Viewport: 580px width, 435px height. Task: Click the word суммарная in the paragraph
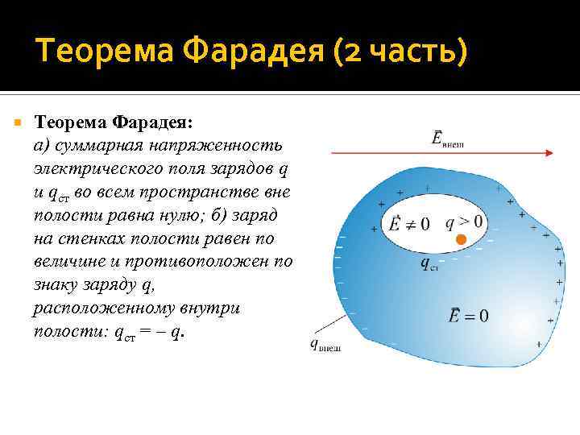click(x=101, y=146)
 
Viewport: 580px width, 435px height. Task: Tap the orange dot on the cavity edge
click(x=461, y=240)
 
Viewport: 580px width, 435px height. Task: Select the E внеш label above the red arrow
click(x=448, y=139)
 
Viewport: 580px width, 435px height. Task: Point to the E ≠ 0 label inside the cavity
click(x=409, y=223)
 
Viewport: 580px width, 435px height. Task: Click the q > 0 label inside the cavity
click(x=464, y=222)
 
